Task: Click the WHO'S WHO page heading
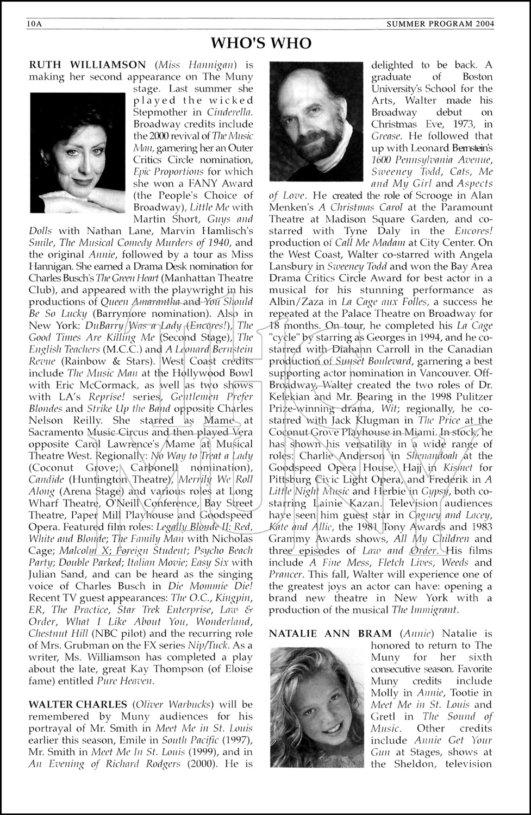pyautogui.click(x=261, y=43)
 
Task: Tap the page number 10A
pyautogui.click(x=34, y=23)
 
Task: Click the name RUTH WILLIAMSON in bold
pyautogui.click(x=87, y=65)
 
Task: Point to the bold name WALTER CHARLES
pyautogui.click(x=78, y=705)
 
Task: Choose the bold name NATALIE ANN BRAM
pyautogui.click(x=330, y=634)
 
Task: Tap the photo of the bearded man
pyautogui.click(x=316, y=121)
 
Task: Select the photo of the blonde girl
pyautogui.click(x=316, y=706)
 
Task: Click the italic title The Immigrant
pyautogui.click(x=426, y=610)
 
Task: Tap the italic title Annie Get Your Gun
pyautogui.click(x=432, y=746)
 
